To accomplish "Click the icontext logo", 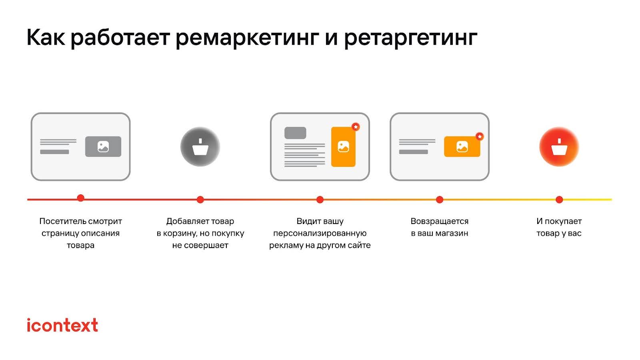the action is tap(62, 325).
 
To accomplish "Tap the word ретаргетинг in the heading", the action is tap(410, 38).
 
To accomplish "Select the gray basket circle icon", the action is tap(200, 147).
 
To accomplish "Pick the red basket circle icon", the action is tap(559, 147).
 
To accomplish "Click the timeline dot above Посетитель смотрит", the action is tap(80, 198).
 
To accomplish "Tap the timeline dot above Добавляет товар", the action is tap(200, 200).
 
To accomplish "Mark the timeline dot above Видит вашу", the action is tap(320, 200).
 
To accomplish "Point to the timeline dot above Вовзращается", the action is tap(440, 200).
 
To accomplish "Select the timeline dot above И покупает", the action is tap(559, 200).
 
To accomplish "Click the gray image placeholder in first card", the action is tap(103, 147).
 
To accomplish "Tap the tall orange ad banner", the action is tap(343, 147).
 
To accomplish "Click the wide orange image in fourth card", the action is tap(462, 147).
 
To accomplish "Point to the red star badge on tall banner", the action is tap(355, 127).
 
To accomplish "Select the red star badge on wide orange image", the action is tap(480, 136).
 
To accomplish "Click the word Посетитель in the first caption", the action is tap(62, 221).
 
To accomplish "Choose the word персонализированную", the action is tap(320, 233).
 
